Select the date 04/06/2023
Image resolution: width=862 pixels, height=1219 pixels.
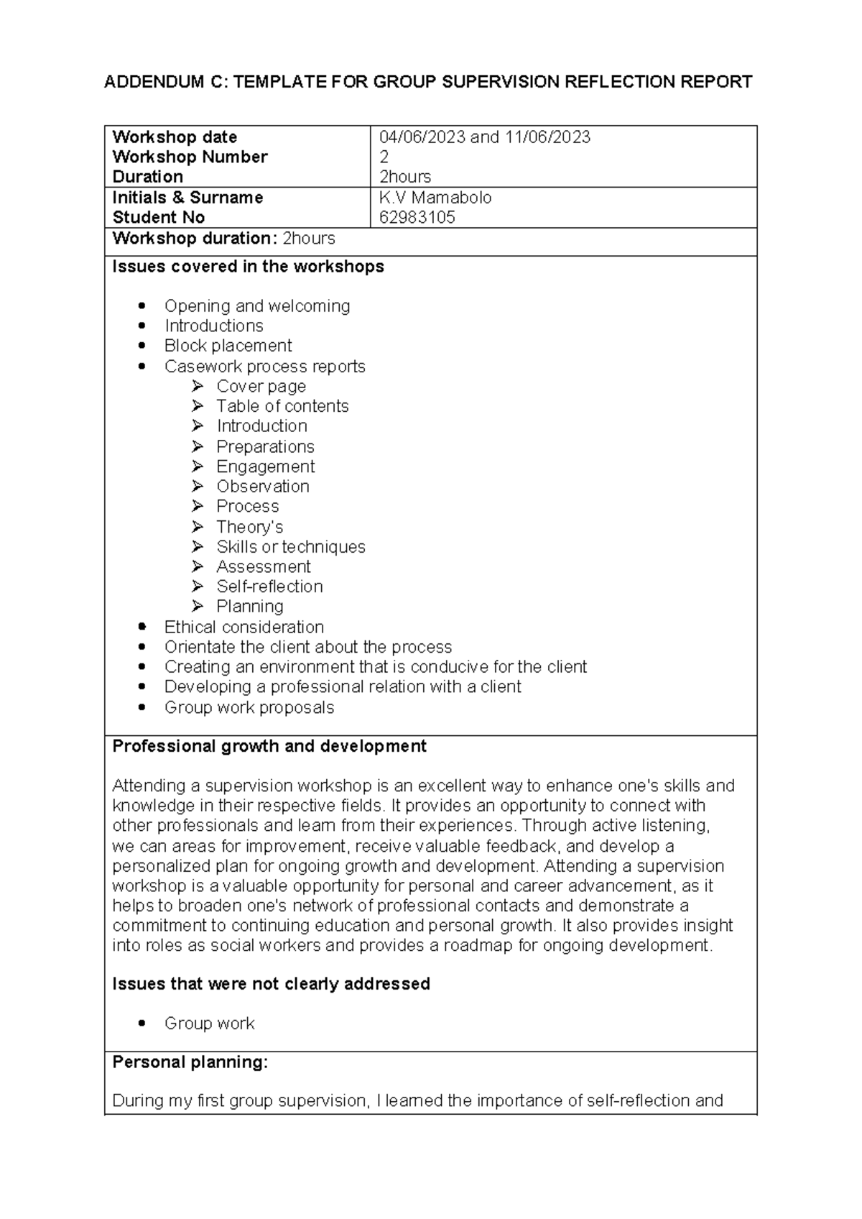[422, 137]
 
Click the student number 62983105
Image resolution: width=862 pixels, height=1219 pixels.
[417, 218]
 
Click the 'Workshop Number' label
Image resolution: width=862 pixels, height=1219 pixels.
[190, 157]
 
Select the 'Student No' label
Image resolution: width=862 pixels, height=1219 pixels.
[158, 218]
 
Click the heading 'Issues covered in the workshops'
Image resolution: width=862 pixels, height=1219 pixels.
[248, 267]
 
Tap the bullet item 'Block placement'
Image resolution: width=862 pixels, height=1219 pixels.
[228, 346]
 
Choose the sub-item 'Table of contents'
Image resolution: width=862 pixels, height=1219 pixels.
[282, 406]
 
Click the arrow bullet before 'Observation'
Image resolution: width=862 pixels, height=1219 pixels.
[198, 487]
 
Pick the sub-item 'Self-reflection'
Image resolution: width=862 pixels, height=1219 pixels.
[269, 586]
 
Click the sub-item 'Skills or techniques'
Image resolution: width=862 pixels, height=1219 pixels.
[291, 547]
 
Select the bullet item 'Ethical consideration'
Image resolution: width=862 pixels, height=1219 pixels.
[244, 627]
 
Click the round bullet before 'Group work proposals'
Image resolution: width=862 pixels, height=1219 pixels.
[144, 707]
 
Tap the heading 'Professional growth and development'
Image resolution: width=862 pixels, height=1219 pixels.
[269, 746]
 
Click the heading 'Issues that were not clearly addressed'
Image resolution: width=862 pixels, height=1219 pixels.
[271, 984]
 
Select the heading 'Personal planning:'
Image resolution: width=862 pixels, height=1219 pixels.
[190, 1062]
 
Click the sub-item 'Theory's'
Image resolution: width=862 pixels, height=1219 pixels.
[249, 527]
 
